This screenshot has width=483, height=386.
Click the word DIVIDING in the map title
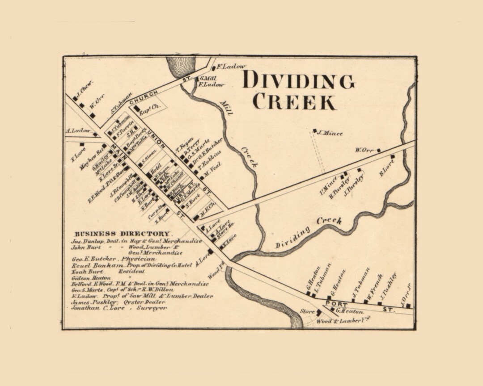point(298,80)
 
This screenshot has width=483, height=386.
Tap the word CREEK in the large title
point(294,102)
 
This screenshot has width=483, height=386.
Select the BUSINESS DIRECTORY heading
point(122,234)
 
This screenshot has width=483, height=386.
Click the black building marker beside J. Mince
point(315,131)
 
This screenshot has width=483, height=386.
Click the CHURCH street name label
point(144,95)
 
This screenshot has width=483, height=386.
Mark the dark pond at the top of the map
point(181,66)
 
